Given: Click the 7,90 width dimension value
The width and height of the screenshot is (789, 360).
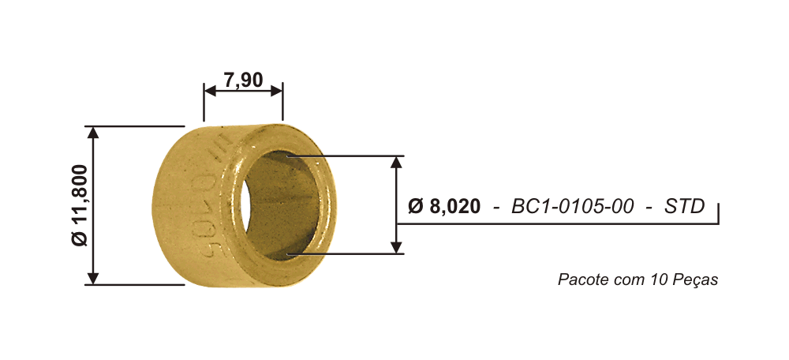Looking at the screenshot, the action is point(244,80).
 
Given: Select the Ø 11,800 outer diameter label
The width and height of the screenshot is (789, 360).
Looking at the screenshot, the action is point(80,205).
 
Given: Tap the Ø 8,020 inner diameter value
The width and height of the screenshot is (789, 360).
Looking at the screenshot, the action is point(444,206).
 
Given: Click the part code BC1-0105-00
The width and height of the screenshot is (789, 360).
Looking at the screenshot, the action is point(573,206).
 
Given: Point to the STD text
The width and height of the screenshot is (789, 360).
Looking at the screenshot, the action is point(685,206).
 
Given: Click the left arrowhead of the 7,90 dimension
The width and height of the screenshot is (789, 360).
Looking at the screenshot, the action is point(210,91).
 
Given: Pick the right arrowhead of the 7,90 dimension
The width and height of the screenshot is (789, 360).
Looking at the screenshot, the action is point(276,91).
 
